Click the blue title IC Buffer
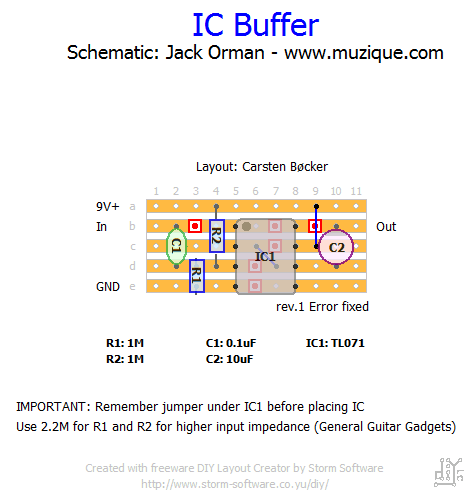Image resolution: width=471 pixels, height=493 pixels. pyautogui.click(x=256, y=25)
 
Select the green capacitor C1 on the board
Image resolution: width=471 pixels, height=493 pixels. pyautogui.click(x=176, y=246)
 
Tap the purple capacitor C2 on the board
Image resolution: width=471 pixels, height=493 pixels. pyautogui.click(x=336, y=247)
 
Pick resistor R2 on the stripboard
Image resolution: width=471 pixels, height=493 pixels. pyautogui.click(x=217, y=236)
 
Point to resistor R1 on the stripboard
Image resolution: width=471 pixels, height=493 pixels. pyautogui.click(x=197, y=276)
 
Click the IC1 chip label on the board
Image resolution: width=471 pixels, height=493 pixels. pyautogui.click(x=265, y=256)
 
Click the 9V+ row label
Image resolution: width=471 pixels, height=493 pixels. pyautogui.click(x=108, y=207)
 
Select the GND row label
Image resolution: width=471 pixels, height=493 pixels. pyautogui.click(x=108, y=287)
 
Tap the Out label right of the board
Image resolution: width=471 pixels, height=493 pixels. pyautogui.click(x=386, y=227)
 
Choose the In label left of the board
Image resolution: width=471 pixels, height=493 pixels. pyautogui.click(x=101, y=227)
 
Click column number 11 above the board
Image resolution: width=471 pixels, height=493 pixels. pyautogui.click(x=356, y=191)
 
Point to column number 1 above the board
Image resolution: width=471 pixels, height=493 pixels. pyautogui.click(x=156, y=191)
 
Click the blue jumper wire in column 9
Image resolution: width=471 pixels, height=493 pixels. pyautogui.click(x=316, y=226)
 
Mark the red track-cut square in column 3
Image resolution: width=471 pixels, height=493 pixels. pyautogui.click(x=195, y=226)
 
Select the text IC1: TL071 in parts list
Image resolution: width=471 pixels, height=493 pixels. pyautogui.click(x=335, y=343)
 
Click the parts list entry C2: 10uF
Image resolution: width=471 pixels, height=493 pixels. pyautogui.click(x=229, y=359)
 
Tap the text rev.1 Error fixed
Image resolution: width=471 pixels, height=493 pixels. pyautogui.click(x=322, y=307)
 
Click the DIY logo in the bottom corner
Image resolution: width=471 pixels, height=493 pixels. pyautogui.click(x=449, y=472)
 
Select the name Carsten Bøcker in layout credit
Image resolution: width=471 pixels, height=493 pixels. pyautogui.click(x=285, y=167)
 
